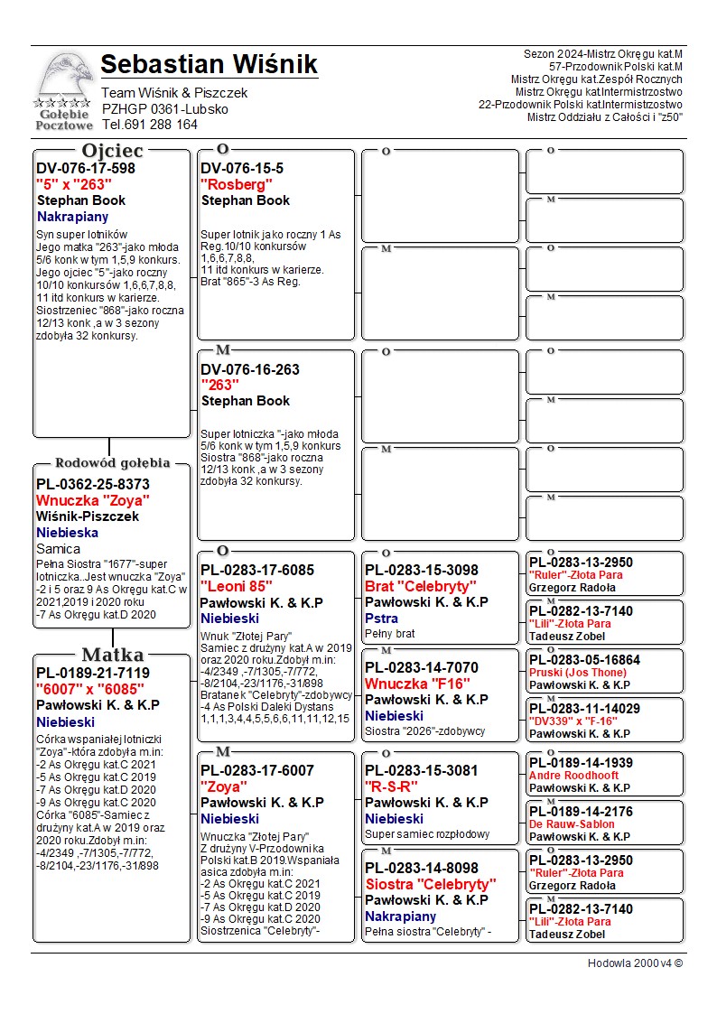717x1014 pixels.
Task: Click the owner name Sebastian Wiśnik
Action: (x=209, y=65)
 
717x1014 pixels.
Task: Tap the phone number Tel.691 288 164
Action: (x=149, y=125)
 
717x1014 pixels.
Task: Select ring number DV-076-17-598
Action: (x=86, y=169)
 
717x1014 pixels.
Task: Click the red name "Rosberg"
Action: (x=237, y=185)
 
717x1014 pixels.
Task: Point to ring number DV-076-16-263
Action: (x=250, y=369)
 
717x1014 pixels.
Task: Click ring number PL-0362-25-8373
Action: (x=93, y=484)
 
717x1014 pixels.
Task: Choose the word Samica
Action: (x=58, y=548)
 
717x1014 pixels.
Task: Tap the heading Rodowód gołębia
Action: (x=113, y=463)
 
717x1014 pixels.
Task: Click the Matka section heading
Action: (x=112, y=655)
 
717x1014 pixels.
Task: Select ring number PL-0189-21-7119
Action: (x=93, y=674)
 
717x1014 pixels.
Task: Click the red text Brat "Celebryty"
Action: (x=420, y=586)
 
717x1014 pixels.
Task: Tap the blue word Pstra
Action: (x=381, y=619)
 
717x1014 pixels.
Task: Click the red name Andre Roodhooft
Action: (x=573, y=776)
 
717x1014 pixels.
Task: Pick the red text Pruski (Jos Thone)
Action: (x=577, y=673)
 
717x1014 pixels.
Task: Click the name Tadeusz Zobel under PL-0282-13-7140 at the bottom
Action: (x=567, y=935)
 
